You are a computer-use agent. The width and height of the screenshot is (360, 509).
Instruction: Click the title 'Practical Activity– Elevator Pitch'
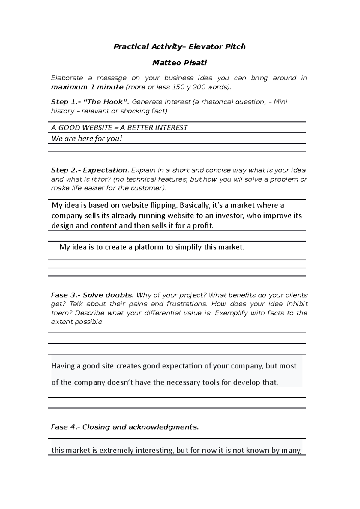tap(179, 47)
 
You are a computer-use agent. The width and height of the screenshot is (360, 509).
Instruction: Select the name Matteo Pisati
tap(179, 63)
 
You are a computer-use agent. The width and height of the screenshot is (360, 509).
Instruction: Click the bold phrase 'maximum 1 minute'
tap(87, 87)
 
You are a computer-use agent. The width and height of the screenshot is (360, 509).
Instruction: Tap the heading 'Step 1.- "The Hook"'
tap(90, 102)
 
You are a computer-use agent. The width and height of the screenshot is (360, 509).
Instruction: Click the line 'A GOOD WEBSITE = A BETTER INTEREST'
tap(119, 128)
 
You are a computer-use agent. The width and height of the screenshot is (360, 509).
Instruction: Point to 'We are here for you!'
tap(87, 139)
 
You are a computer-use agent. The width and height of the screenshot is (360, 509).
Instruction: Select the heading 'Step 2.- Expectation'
tap(89, 170)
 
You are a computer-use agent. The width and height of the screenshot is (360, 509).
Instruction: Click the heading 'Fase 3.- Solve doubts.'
tap(92, 295)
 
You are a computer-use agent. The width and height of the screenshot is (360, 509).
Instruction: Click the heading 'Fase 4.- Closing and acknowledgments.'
tap(125, 427)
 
